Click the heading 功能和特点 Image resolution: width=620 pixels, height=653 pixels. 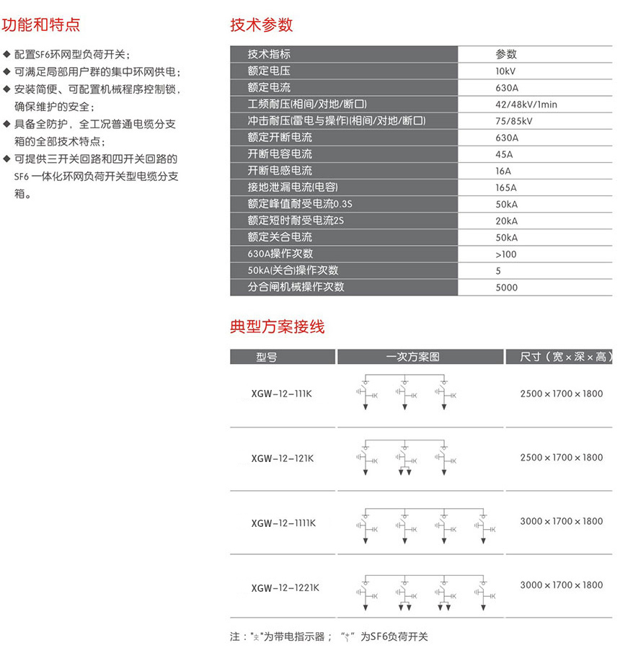[x=41, y=25]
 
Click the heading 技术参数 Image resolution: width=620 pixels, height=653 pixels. [x=261, y=25]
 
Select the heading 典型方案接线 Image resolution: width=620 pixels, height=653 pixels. [x=277, y=326]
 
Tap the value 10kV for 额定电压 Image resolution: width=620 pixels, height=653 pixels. [x=505, y=71]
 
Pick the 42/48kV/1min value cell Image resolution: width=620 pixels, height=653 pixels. [x=526, y=104]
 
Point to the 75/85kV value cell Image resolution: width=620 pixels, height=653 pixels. [x=513, y=120]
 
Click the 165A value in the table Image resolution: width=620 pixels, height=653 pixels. [x=506, y=187]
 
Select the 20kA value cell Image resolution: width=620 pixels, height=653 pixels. [x=506, y=221]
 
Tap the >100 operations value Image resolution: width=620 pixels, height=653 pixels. [x=506, y=254]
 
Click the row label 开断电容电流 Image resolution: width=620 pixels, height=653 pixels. [x=280, y=154]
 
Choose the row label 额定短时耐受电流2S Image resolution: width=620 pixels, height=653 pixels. [x=296, y=221]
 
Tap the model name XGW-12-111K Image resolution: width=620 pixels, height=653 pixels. [x=283, y=394]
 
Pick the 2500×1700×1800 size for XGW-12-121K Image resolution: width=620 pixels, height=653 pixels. [x=561, y=458]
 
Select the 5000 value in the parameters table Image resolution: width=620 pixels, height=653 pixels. [x=507, y=287]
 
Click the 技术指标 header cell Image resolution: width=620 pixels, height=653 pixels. [x=269, y=54]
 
